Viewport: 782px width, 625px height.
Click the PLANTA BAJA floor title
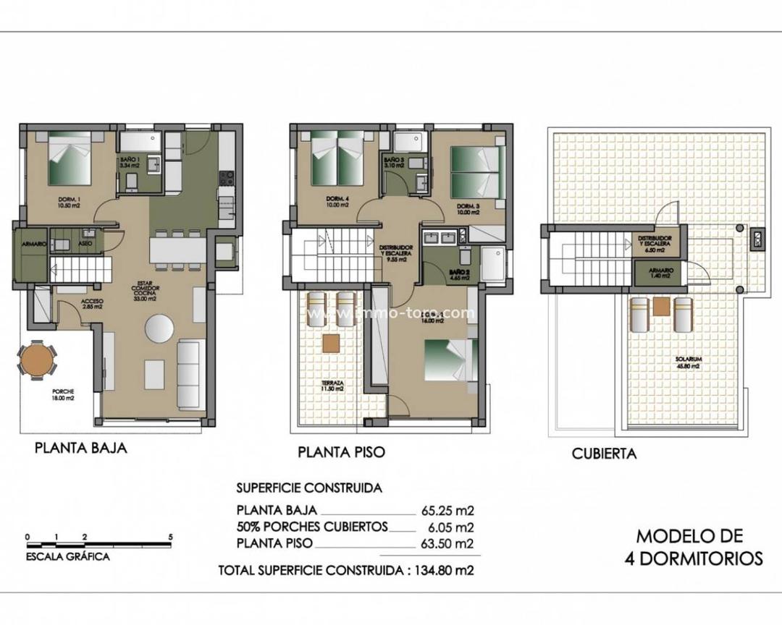click(81, 448)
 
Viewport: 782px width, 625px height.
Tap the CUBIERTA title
click(604, 454)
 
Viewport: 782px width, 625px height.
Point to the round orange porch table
click(36, 360)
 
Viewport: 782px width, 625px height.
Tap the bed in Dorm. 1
click(70, 161)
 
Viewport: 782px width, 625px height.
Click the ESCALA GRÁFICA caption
click(67, 557)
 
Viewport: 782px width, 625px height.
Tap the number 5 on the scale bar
click(169, 537)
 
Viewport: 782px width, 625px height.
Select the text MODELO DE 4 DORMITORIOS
click(689, 547)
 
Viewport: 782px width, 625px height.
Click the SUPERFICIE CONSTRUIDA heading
click(309, 488)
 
